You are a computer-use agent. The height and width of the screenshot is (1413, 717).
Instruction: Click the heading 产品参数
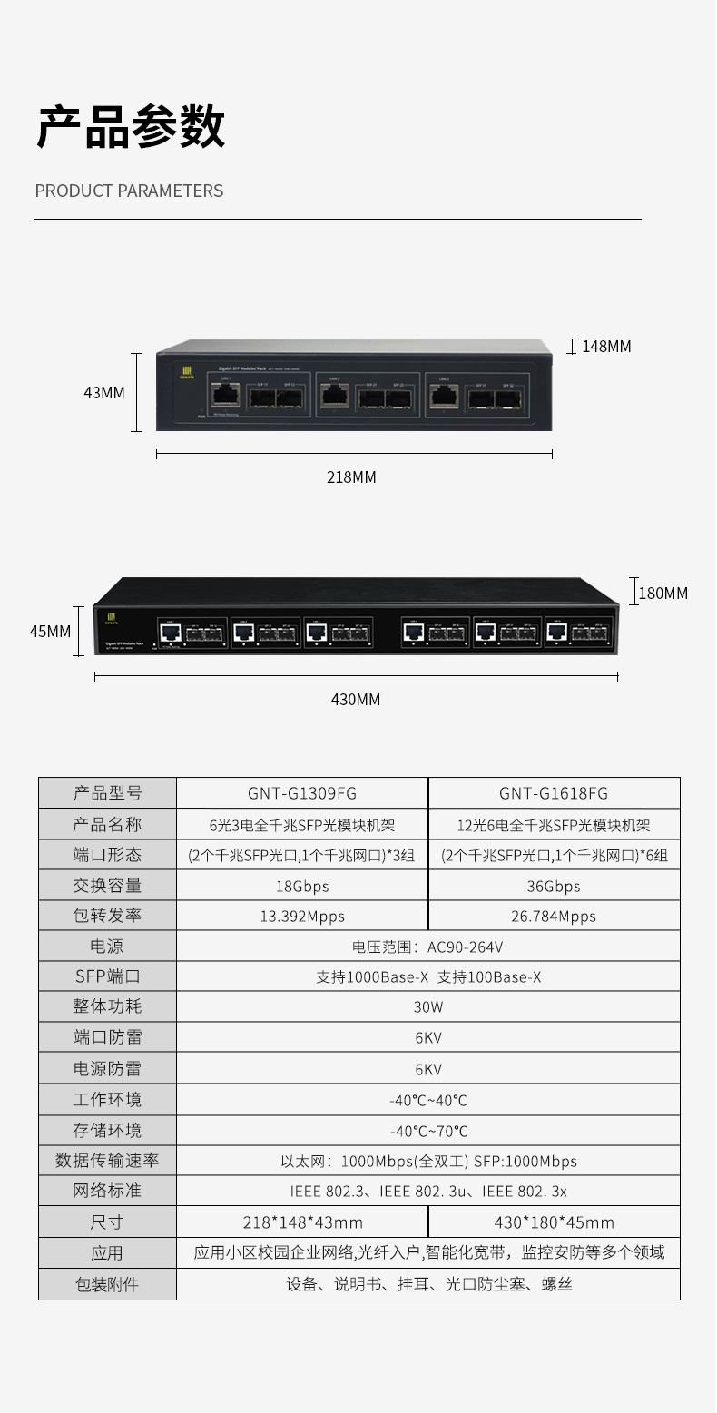pyautogui.click(x=131, y=126)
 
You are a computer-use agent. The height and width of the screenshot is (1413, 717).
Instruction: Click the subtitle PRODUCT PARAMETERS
pyautogui.click(x=129, y=191)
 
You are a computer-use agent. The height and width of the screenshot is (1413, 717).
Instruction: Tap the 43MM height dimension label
pyautogui.click(x=103, y=393)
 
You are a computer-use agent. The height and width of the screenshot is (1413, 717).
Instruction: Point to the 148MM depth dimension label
pyautogui.click(x=605, y=347)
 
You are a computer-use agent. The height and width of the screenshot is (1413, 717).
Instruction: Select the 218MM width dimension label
pyautogui.click(x=351, y=477)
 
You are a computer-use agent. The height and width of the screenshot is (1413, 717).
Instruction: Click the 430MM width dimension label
pyautogui.click(x=355, y=700)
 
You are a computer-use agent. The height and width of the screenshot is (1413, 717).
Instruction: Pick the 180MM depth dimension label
pyautogui.click(x=663, y=594)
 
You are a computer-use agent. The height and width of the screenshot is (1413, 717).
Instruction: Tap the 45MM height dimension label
pyautogui.click(x=50, y=631)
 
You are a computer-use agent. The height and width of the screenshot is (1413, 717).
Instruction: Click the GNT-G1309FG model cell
pyautogui.click(x=301, y=793)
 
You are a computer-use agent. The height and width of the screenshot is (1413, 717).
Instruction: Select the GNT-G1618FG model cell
pyautogui.click(x=554, y=793)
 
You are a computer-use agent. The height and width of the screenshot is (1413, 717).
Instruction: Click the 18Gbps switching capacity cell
pyautogui.click(x=301, y=886)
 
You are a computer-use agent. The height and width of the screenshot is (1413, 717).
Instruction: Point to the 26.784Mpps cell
pyautogui.click(x=554, y=917)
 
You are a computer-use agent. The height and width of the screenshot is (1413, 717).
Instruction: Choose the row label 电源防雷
pyautogui.click(x=107, y=1069)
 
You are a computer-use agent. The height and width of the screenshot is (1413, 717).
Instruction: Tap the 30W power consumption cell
pyautogui.click(x=427, y=1007)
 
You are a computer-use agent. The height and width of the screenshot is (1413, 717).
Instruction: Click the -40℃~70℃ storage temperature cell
pyautogui.click(x=427, y=1131)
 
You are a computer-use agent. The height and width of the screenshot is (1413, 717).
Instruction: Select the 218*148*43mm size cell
pyautogui.click(x=301, y=1222)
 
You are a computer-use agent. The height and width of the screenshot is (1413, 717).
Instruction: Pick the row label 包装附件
pyautogui.click(x=107, y=1284)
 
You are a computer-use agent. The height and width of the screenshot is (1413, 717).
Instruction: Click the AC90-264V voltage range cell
pyautogui.click(x=427, y=947)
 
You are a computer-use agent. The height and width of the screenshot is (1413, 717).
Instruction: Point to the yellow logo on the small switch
pyautogui.click(x=189, y=371)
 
